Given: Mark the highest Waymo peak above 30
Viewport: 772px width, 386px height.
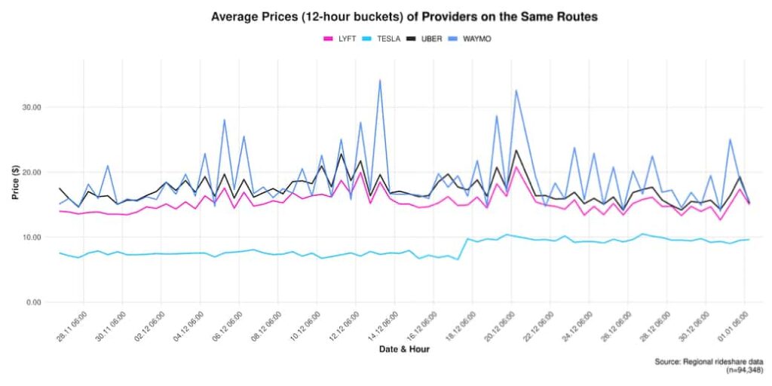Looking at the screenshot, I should click(x=379, y=80).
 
